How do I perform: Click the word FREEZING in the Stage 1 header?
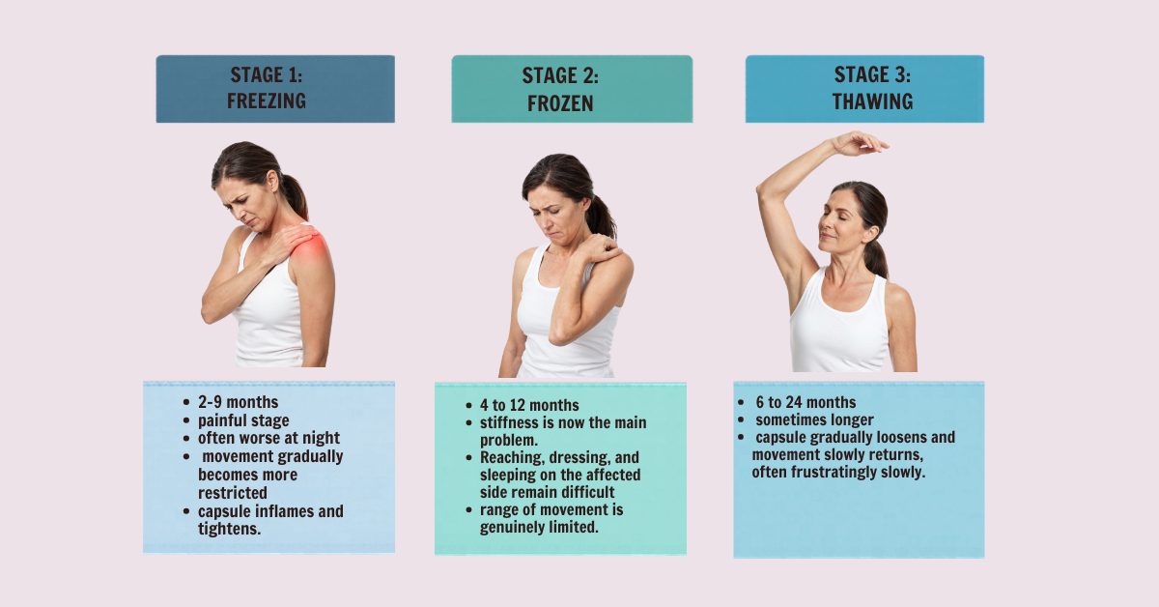pyautogui.click(x=267, y=101)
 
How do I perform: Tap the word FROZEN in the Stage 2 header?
pyautogui.click(x=560, y=103)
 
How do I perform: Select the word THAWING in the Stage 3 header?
pyautogui.click(x=872, y=101)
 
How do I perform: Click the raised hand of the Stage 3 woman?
pyautogui.click(x=861, y=143)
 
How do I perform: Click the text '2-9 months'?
pyautogui.click(x=238, y=402)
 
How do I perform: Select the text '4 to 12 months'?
pyautogui.click(x=529, y=405)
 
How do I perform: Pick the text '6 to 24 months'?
pyautogui.click(x=806, y=402)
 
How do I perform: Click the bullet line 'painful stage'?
pyautogui.click(x=243, y=420)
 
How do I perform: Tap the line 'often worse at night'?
pyautogui.click(x=269, y=438)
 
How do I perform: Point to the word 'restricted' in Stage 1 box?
pyautogui.click(x=233, y=493)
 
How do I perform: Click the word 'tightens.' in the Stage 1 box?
pyautogui.click(x=229, y=529)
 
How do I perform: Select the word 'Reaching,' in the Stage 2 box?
pyautogui.click(x=510, y=458)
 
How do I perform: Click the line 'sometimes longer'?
pyautogui.click(x=814, y=420)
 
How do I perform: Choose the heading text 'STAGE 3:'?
pyautogui.click(x=872, y=75)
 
